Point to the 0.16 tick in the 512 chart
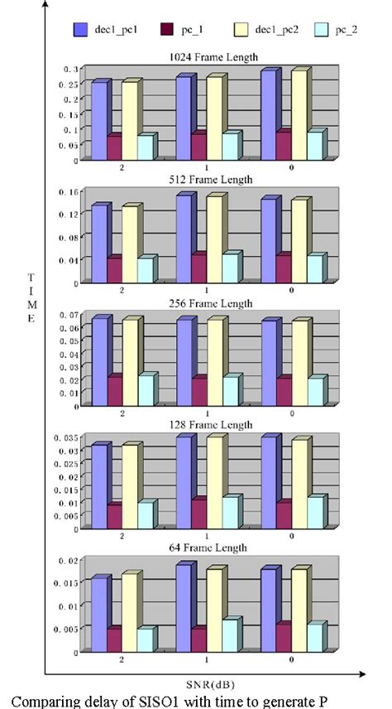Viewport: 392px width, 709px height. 69,192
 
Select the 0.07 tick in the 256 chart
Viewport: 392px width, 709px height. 69,316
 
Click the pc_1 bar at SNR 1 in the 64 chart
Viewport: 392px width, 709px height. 198,640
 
